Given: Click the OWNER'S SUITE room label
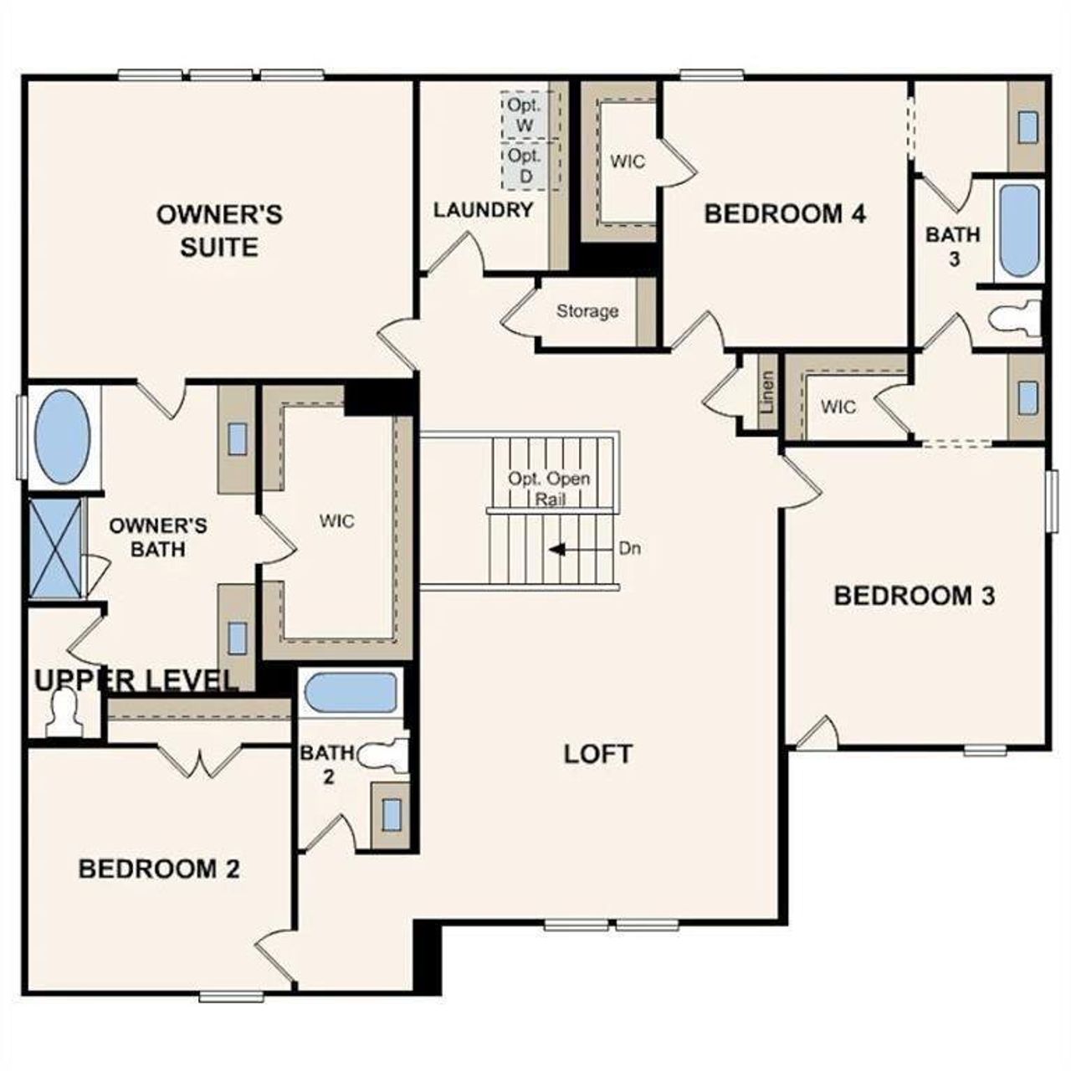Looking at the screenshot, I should click(219, 231).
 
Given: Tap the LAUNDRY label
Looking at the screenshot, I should click(483, 210).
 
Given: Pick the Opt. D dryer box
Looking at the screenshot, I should click(525, 166).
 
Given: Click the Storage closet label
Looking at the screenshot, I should click(587, 311).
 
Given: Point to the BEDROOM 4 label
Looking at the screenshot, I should click(785, 213).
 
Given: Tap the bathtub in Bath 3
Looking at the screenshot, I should click(1018, 231).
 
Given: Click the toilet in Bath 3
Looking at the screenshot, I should click(1012, 318).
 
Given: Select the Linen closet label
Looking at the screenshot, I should click(766, 392).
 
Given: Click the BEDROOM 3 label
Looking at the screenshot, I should click(915, 596).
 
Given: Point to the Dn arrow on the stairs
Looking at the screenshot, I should click(559, 550).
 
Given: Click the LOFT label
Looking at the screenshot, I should click(597, 753).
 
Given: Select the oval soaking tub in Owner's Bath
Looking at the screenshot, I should click(62, 436).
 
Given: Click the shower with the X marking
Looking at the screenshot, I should click(57, 548).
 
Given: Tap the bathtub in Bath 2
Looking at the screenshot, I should click(351, 693).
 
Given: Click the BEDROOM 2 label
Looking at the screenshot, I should click(159, 869).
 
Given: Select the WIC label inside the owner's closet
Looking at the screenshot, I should click(336, 521).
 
